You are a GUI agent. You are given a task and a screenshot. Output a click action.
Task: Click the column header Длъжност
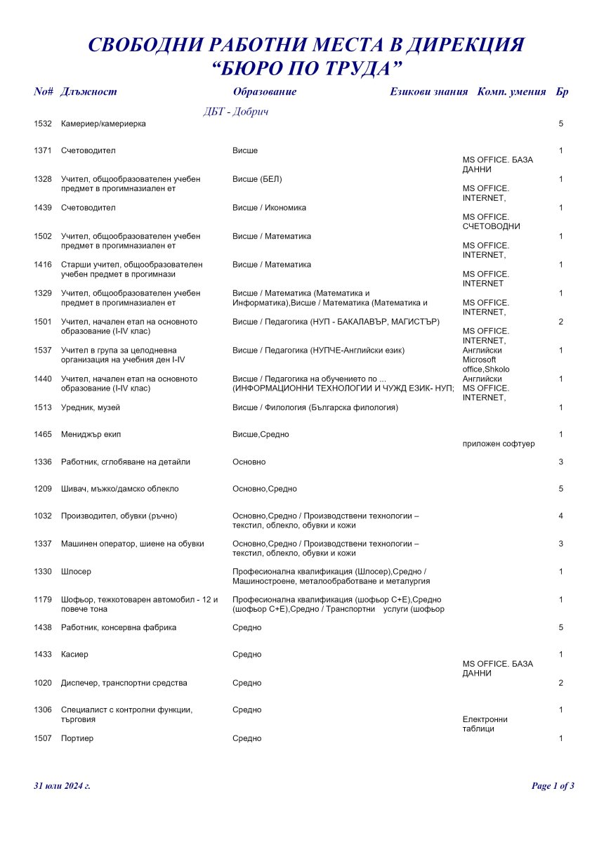point(88,92)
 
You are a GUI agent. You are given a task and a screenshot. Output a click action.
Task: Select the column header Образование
point(264,92)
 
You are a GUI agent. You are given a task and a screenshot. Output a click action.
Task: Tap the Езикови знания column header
point(428,92)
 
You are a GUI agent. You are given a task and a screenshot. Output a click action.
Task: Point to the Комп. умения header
point(511,92)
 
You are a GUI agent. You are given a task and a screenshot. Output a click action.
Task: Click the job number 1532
point(43,124)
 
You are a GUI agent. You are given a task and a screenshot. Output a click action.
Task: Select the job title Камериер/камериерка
point(103,124)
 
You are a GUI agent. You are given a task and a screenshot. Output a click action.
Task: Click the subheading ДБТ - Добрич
point(236,112)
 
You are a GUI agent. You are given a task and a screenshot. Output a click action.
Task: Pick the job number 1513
point(43,407)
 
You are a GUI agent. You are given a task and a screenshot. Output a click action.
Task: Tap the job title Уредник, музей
point(91,407)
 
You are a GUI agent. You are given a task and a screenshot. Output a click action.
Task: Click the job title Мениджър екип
point(91,435)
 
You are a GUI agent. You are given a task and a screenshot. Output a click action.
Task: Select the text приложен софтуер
point(499,444)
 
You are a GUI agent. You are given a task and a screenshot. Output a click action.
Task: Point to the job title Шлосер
point(76,572)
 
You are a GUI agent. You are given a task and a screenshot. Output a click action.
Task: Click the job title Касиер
point(74,655)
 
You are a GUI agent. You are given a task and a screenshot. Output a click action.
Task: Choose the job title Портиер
point(77,739)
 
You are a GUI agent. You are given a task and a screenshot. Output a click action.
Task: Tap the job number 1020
point(43,683)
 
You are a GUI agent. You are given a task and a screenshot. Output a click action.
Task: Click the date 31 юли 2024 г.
point(62,786)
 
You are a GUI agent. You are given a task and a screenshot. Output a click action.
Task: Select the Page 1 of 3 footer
point(553,786)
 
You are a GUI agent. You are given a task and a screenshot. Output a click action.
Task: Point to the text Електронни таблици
point(485,724)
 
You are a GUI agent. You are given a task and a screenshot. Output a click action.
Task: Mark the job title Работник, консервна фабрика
point(119,627)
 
